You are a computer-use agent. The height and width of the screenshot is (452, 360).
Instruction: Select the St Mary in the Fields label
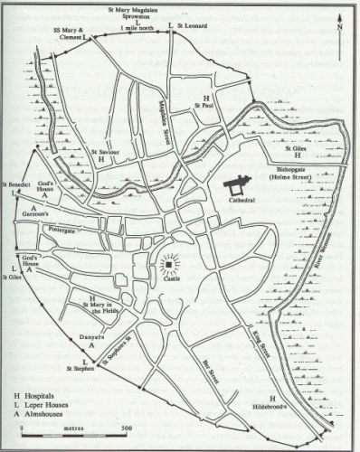tap(101, 313)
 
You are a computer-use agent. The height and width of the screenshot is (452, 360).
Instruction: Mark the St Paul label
tap(206, 107)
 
